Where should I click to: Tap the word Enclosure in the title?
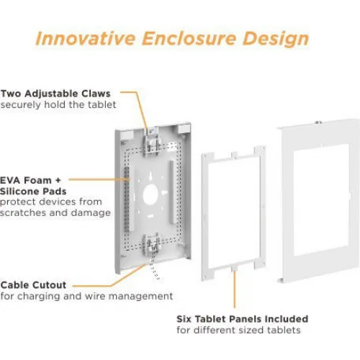(x=189, y=38)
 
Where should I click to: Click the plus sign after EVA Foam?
(x=58, y=180)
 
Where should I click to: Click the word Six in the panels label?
(x=184, y=319)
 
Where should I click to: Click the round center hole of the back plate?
(x=150, y=194)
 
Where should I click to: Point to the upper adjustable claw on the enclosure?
(x=151, y=142)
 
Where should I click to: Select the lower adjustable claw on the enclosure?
(x=151, y=243)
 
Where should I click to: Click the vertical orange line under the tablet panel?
(x=235, y=289)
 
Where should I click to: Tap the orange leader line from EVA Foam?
(x=99, y=179)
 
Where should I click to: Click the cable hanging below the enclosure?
(x=155, y=269)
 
